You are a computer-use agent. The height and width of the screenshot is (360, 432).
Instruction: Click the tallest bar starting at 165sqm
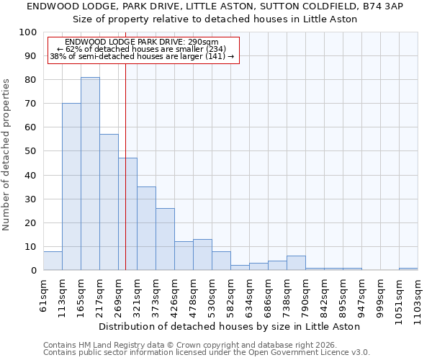point(90,174)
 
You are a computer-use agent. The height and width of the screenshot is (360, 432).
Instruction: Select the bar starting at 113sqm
point(71,186)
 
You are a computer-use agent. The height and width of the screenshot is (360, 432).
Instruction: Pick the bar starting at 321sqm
point(146,228)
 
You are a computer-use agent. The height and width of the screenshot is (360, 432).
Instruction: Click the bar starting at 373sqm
point(165,239)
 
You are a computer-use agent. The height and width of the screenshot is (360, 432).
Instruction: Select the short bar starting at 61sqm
point(53,261)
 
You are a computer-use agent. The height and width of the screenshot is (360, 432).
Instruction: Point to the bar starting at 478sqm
point(202,255)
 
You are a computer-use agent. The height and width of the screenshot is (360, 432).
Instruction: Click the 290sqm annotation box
point(143,50)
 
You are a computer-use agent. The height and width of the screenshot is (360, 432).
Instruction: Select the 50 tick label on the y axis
point(31,151)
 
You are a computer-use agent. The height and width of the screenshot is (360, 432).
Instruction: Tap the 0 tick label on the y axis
point(34,271)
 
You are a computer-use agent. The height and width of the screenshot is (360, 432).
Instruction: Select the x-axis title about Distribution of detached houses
point(230,326)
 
